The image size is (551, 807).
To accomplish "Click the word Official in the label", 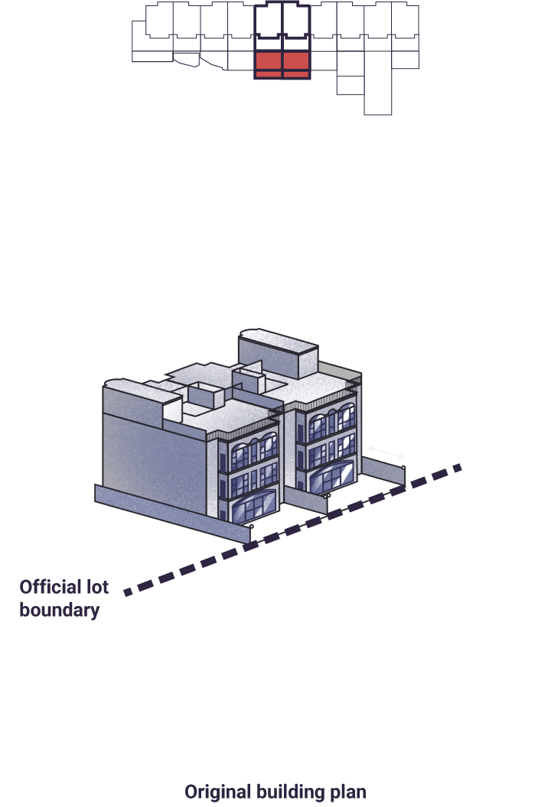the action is [x=48, y=587].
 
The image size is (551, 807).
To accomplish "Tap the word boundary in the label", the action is [x=59, y=610].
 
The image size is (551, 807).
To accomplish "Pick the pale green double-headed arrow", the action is [x=386, y=452].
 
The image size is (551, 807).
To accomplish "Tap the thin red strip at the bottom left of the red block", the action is [x=269, y=75].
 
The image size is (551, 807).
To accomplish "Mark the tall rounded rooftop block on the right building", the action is [x=277, y=354].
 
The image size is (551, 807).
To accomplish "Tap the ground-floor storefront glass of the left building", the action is [x=254, y=506].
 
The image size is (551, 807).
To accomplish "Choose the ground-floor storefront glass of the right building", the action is [x=333, y=475].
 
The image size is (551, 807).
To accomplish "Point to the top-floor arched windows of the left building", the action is [x=254, y=449].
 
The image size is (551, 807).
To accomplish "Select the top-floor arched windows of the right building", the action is [x=332, y=419].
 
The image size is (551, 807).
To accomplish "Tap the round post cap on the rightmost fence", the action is [x=403, y=468].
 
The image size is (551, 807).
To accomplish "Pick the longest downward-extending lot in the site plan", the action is [x=378, y=83].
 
